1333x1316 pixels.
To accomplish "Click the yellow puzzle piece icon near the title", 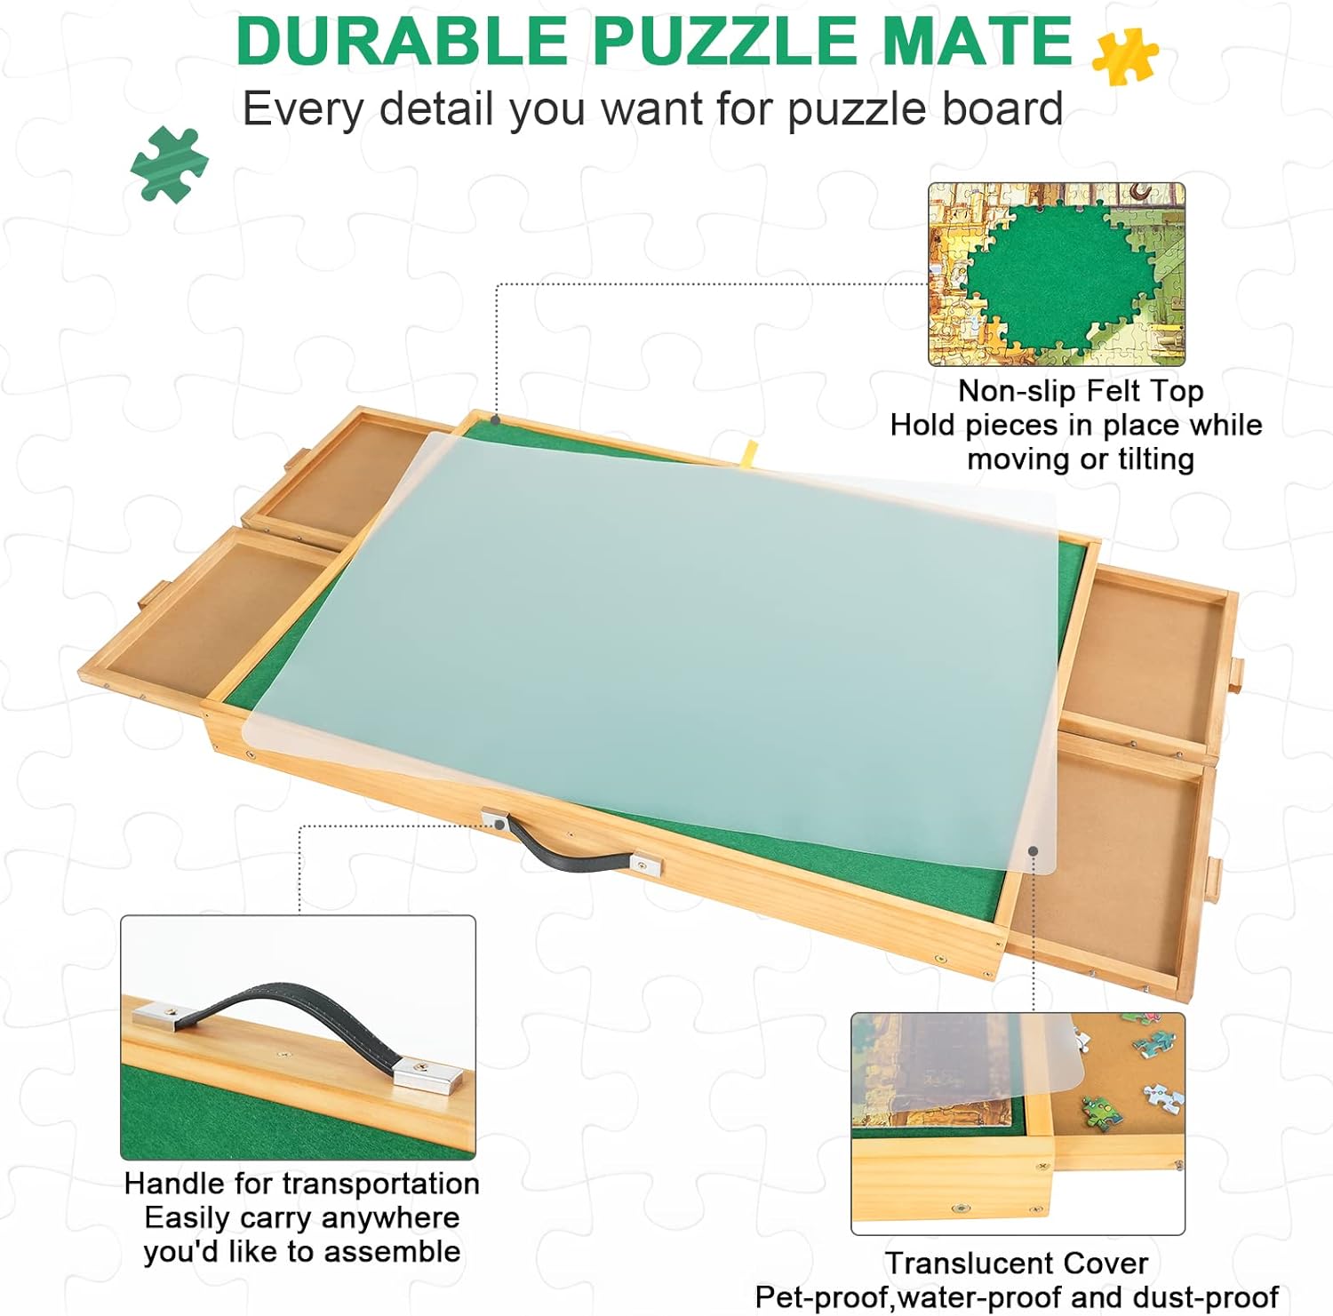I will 1125,55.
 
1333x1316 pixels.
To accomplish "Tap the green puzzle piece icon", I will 169,164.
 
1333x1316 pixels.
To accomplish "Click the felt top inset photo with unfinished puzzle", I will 1057,275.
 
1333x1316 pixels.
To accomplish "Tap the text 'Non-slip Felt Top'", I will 1081,391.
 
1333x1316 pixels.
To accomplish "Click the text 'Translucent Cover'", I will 1017,1263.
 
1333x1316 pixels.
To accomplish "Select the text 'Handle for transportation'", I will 302,1184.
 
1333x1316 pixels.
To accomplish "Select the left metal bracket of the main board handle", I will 494,819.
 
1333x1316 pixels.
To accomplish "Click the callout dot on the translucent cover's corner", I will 1034,850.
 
